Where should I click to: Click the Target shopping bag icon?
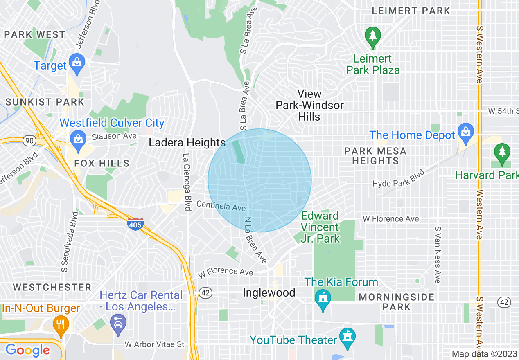pyautogui.click(x=77, y=63)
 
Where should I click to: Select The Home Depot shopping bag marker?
pyautogui.click(x=466, y=132)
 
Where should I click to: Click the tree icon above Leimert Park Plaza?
pyautogui.click(x=372, y=36)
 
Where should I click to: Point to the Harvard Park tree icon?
pyautogui.click(x=502, y=152)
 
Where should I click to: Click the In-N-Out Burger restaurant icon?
pyautogui.click(x=61, y=324)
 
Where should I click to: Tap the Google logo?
pyautogui.click(x=27, y=350)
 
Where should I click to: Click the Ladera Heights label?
pyautogui.click(x=187, y=143)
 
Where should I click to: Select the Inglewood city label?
pyautogui.click(x=269, y=293)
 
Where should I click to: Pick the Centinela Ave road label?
pyautogui.click(x=221, y=206)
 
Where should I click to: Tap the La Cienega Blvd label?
pyautogui.click(x=187, y=182)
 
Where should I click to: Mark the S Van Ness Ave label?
pyautogui.click(x=437, y=254)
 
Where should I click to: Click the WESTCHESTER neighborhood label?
pyautogui.click(x=52, y=287)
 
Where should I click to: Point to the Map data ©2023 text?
pyautogui.click(x=484, y=354)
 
